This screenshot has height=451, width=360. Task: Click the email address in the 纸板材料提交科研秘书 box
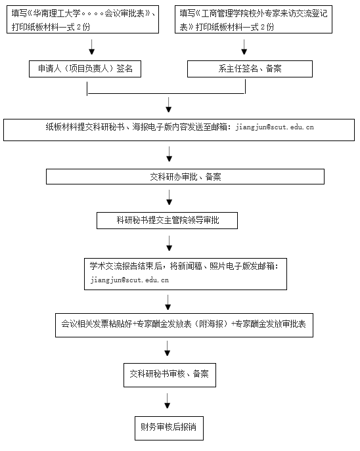tap(275, 127)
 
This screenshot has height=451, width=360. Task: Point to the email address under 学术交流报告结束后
tap(129, 280)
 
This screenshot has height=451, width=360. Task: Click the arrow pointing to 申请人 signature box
tap(91, 47)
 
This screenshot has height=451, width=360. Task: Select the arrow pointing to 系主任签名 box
tap(244, 47)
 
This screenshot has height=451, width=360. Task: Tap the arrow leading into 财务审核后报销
tap(168, 401)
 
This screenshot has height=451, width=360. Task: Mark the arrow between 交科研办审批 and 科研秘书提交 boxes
tap(169, 198)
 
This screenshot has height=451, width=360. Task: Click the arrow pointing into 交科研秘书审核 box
tap(168, 349)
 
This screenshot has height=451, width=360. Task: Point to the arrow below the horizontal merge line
tap(169, 104)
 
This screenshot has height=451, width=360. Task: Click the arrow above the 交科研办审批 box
tap(169, 154)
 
